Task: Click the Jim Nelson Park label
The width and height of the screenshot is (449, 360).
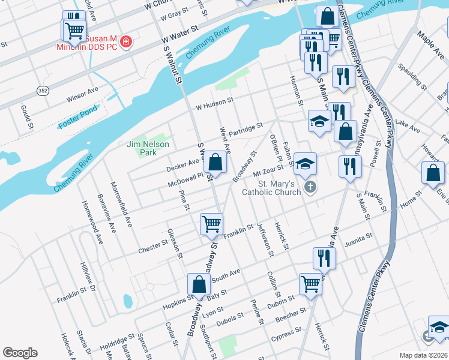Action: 148,148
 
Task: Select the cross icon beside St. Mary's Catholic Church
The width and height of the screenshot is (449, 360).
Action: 310,187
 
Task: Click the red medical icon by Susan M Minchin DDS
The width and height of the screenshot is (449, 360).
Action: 126,42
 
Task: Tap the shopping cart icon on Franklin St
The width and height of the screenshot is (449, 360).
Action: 211,224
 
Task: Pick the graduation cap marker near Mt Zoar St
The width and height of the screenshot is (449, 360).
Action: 305,163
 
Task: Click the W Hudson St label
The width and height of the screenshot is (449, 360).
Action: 214,104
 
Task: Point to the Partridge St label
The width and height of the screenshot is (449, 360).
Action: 246,128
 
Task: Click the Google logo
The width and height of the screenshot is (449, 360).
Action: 20,353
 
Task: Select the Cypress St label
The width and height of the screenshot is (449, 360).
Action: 286,333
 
